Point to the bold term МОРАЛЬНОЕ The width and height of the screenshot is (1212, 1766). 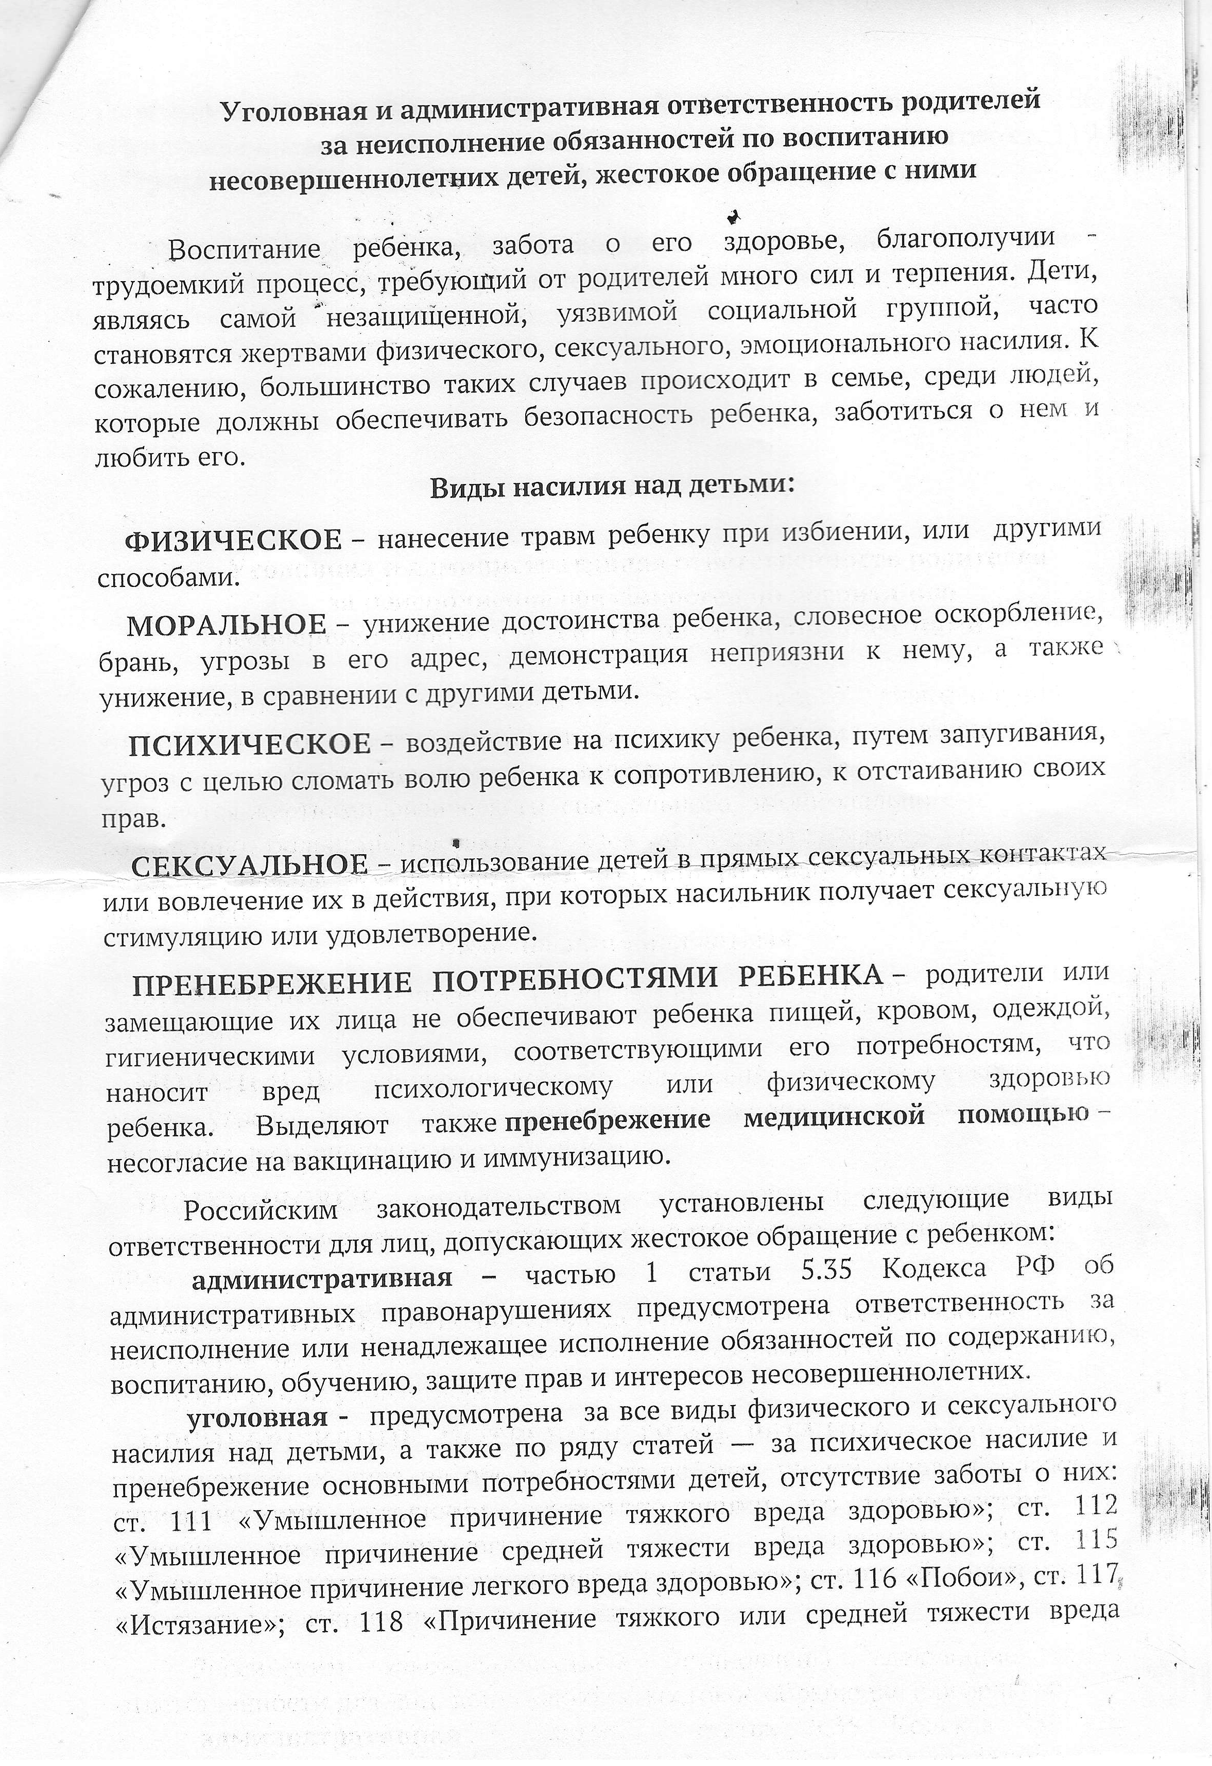tap(227, 626)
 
